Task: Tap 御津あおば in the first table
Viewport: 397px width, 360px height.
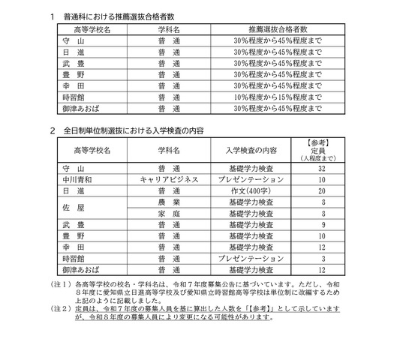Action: tap(78, 110)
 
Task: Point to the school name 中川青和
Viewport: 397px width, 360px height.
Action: tap(78, 180)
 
